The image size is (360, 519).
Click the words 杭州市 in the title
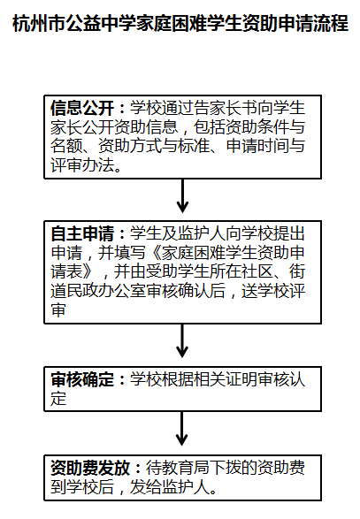pyautogui.click(x=38, y=23)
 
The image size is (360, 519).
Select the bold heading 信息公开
pyautogui.click(x=82, y=108)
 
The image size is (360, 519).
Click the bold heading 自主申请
pyautogui.click(x=82, y=233)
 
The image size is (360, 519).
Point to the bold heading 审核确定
pyautogui.click(x=82, y=379)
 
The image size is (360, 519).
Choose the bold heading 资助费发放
pyautogui.click(x=90, y=468)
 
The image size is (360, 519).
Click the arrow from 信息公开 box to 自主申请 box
pyautogui.click(x=182, y=195)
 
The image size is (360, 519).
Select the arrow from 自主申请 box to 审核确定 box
pyautogui.click(x=182, y=340)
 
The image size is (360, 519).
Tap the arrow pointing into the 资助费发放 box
pyautogui.click(x=182, y=429)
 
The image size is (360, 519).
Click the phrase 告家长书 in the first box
pyautogui.click(x=226, y=108)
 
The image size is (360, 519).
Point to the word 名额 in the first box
pyautogui.click(x=66, y=146)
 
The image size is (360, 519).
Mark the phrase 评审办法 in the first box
pyautogui.click(x=82, y=165)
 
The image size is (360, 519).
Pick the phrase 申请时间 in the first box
pyautogui.click(x=257, y=146)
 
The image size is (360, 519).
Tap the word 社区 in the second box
pyautogui.click(x=257, y=271)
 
